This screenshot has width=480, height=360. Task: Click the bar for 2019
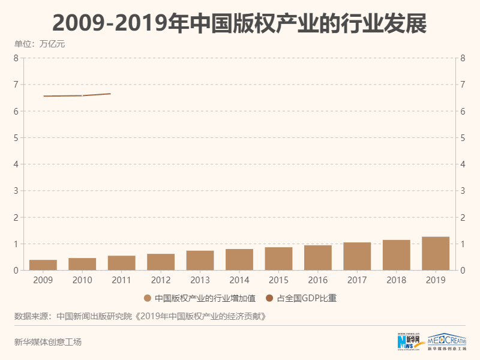pos(436,254)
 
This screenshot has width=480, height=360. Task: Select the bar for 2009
pos(43,265)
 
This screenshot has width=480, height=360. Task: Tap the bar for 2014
pos(239,260)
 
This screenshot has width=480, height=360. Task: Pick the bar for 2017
pos(357,256)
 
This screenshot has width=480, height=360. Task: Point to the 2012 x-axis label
pos(161,280)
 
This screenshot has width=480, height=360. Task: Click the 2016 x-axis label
pos(318,280)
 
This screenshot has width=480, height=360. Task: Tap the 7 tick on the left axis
pos(16,85)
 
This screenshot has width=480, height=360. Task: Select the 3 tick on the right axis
pos(463,191)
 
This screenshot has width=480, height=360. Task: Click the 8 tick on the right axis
pos(463,58)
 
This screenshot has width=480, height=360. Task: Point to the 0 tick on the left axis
pos(16,271)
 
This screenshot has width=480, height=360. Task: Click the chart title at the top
pos(239,23)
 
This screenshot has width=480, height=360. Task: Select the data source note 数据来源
pos(139,316)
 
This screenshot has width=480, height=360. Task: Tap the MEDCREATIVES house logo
pos(450,340)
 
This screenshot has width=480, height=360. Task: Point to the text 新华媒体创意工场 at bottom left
pos(47,342)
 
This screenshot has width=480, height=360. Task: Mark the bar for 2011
pos(122,263)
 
